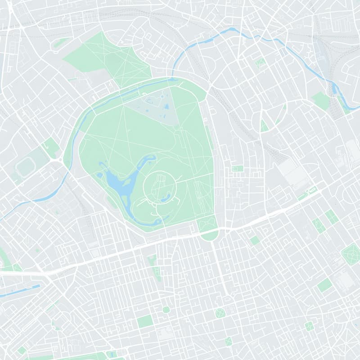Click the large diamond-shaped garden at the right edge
[x=350, y=253]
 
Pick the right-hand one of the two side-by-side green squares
[x=333, y=218]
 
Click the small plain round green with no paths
[x=166, y=310]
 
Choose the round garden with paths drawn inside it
[x=220, y=313]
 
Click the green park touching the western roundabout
[x=51, y=146]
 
